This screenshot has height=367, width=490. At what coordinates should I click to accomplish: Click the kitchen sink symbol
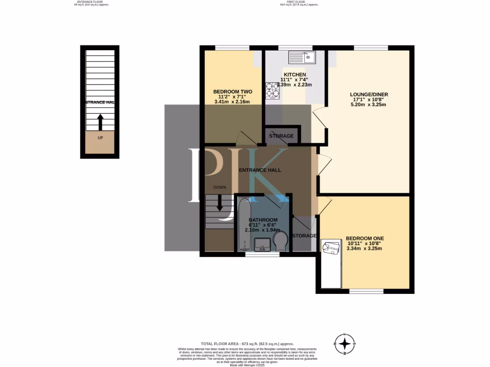coord(301,57)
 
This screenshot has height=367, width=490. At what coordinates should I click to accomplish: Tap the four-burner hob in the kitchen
coord(273,91)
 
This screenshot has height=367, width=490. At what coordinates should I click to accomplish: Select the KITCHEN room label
coord(295,75)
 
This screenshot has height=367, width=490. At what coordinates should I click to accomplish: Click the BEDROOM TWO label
coord(233,91)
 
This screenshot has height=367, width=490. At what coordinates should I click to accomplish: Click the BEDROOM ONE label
coord(365,238)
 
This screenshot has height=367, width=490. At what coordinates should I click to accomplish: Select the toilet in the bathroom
coord(281,241)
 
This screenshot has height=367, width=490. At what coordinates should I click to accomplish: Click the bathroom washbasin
coord(262,245)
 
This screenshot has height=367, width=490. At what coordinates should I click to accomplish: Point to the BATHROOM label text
coord(263,220)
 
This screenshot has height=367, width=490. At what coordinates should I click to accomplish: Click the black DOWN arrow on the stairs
coord(220,203)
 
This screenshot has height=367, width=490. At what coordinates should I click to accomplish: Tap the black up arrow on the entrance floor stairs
coord(100,122)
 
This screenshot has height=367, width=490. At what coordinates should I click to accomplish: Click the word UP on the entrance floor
coord(100,138)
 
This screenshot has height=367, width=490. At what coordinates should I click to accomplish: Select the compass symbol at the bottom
coord(344,344)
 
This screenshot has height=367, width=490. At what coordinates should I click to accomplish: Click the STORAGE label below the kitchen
coord(281,136)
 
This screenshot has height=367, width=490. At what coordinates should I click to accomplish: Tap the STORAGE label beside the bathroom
coord(304,236)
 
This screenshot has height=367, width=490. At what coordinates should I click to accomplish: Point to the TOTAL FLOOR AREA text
coord(247,344)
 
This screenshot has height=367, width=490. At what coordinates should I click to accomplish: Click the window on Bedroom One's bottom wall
coord(366,291)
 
